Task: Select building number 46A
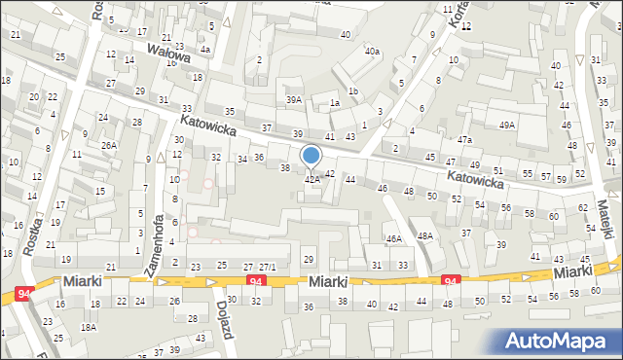coord(393,238)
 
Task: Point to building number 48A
coord(424,235)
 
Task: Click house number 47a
coord(465,140)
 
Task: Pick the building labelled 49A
coord(506,126)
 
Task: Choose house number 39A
coord(293,100)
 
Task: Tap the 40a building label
coord(372,51)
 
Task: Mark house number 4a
coord(204,49)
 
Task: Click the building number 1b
coord(353,91)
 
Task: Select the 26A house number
coord(108,145)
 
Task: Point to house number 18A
coord(89,328)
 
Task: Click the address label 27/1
coord(267,267)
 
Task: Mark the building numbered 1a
coord(334,103)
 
